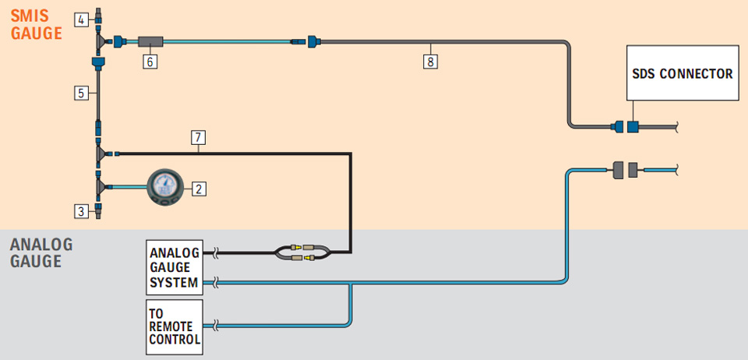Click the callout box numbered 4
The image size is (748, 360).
pyautogui.click(x=82, y=20)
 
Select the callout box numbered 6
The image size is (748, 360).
pyautogui.click(x=150, y=62)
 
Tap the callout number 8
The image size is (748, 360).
pyautogui.click(x=430, y=62)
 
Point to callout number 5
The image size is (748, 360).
pyautogui.click(x=82, y=93)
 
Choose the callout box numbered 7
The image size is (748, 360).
pyautogui.click(x=198, y=138)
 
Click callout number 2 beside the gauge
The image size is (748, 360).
pyautogui.click(x=199, y=189)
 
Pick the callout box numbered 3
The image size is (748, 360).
pyautogui.click(x=82, y=211)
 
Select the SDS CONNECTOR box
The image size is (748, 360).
pyautogui.click(x=683, y=73)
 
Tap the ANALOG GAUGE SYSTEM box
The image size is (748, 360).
pyautogui.click(x=174, y=267)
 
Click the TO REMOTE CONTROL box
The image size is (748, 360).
pyautogui.click(x=174, y=327)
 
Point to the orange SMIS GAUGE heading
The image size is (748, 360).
pyautogui.click(x=37, y=25)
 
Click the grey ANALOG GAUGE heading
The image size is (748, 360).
pyautogui.click(x=41, y=252)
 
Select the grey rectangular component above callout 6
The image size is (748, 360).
pyautogui.click(x=150, y=42)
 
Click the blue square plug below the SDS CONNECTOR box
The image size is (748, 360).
pyautogui.click(x=633, y=127)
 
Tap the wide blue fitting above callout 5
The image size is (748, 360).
pyautogui.click(x=98, y=62)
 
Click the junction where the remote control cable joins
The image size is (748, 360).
pyautogui.click(x=351, y=284)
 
